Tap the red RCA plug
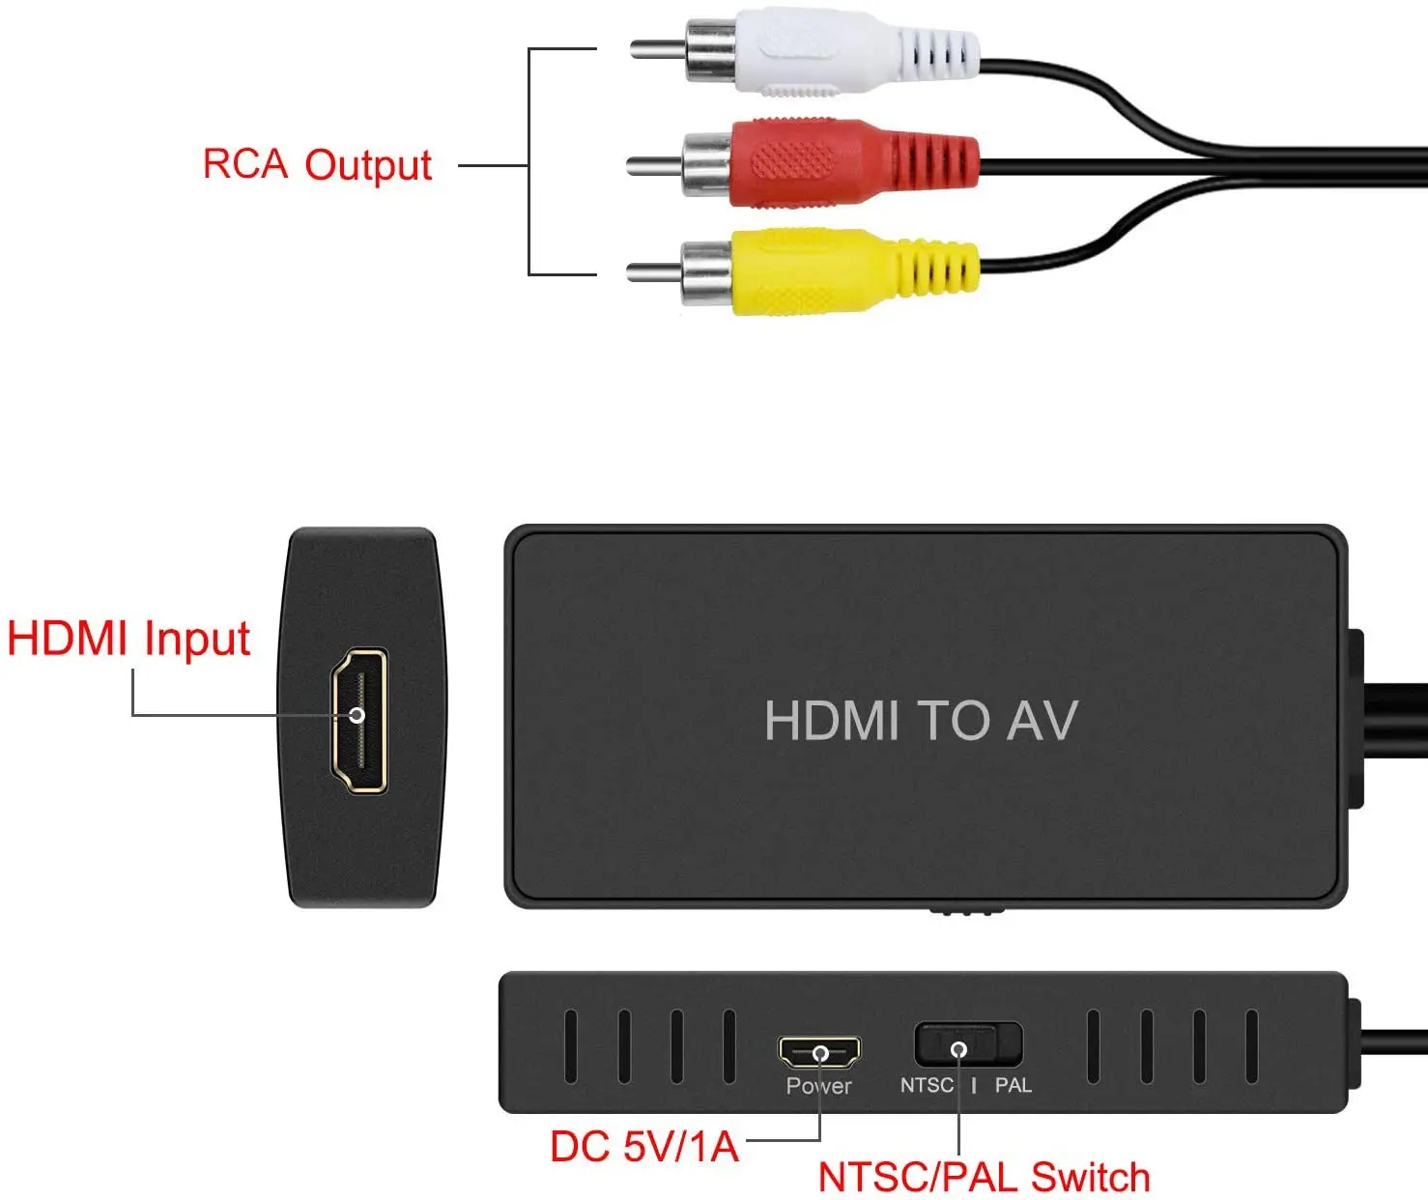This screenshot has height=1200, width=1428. pos(831,162)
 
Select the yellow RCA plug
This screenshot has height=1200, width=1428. pos(831,271)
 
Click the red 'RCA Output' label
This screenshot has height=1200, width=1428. pos(317,165)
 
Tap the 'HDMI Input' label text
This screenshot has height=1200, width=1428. pos(129,640)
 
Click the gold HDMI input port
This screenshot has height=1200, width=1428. pos(358,720)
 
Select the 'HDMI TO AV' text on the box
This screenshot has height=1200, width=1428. pos(920,721)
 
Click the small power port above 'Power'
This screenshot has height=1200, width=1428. pos(819,1051)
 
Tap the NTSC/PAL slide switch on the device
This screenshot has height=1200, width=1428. pos(967,1045)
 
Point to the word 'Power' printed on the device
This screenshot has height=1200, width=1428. pos(818,1086)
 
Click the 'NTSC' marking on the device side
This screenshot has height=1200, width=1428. pos(927,1085)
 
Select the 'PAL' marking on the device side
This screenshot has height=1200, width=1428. pos(1013,1085)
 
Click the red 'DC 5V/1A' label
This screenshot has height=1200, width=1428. pos(643,1147)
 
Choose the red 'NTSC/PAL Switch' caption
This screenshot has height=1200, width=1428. pos(984,1178)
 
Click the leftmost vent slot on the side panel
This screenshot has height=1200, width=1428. pos(571,1046)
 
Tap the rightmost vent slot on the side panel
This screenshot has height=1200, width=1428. pos(1251,1046)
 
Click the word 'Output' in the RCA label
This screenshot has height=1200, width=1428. pos(368,166)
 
